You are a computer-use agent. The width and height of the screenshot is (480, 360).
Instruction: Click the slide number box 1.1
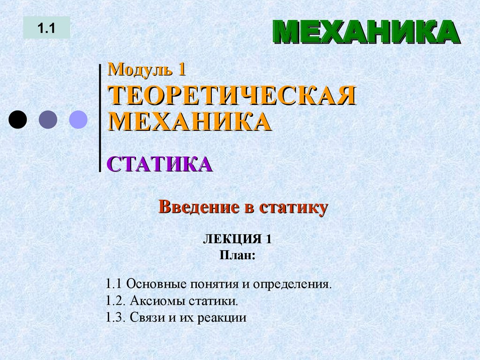(47, 28)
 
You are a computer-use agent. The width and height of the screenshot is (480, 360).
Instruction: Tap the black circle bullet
(18, 120)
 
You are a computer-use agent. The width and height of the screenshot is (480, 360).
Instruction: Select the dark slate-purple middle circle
(48, 120)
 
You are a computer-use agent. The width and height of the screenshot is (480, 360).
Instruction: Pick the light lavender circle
(78, 120)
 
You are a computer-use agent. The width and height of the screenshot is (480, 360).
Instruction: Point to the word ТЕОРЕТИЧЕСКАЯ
(232, 96)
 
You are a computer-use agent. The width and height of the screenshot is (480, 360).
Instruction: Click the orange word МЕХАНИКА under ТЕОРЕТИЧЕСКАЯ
(190, 122)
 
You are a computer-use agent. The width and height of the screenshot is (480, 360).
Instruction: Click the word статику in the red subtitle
(293, 207)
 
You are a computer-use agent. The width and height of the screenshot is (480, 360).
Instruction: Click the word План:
(237, 255)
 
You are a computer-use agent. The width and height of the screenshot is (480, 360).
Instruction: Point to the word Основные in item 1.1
(156, 284)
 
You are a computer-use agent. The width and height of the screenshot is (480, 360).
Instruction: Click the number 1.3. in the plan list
(114, 317)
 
